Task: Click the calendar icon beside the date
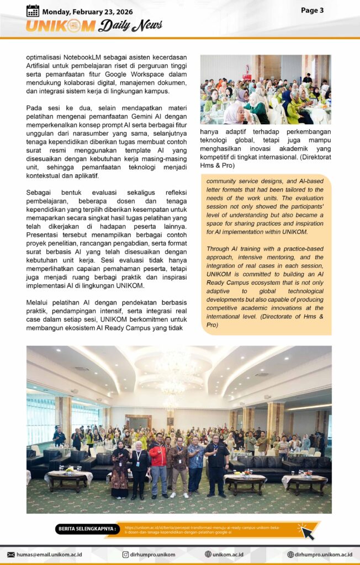(x=33, y=10)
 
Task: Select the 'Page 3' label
(x=312, y=10)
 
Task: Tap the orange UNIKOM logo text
(x=61, y=26)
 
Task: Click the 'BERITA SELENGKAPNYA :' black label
(x=87, y=529)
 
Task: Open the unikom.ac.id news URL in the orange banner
(x=202, y=530)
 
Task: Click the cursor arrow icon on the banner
(x=305, y=531)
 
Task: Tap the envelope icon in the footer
(x=10, y=555)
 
